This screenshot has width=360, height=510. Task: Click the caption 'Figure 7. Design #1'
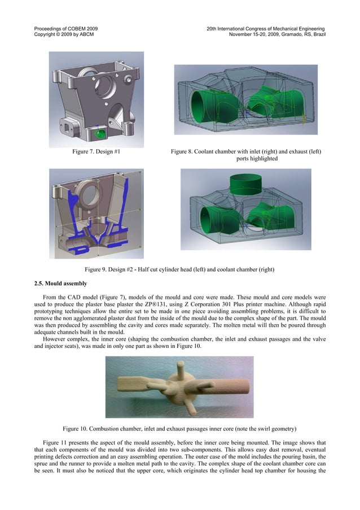tap(95, 152)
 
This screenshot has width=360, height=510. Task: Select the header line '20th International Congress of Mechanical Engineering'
tap(265, 28)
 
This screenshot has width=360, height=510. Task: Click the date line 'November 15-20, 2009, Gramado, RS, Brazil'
tap(277, 34)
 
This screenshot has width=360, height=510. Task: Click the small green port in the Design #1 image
tap(101, 133)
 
